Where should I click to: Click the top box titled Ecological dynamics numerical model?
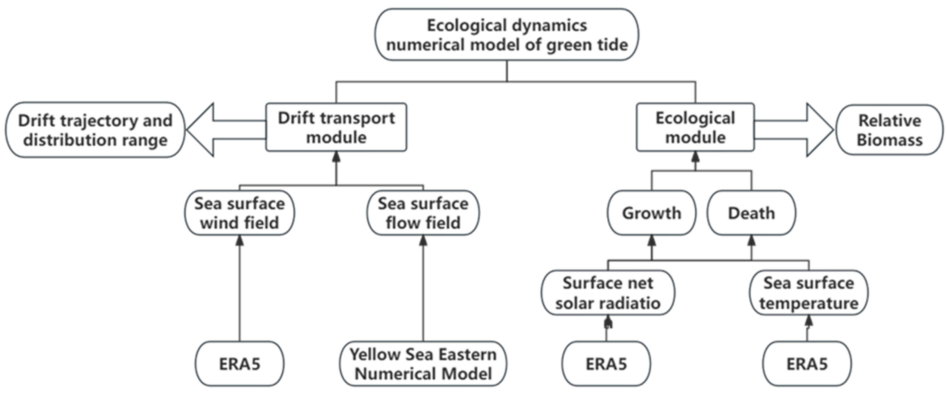(x=507, y=35)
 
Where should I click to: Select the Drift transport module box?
(x=336, y=127)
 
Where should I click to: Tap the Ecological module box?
(x=695, y=127)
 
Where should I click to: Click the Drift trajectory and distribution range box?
(x=95, y=130)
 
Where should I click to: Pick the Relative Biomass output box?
(x=890, y=130)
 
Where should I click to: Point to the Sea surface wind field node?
(x=239, y=213)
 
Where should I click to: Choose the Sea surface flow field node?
(x=423, y=213)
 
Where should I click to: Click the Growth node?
(x=652, y=213)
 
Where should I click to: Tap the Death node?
(x=751, y=213)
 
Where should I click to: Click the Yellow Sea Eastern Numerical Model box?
(x=423, y=364)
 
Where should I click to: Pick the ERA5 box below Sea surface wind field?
(x=239, y=364)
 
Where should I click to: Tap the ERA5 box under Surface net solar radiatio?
(x=606, y=364)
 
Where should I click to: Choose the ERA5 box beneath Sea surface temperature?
(x=807, y=364)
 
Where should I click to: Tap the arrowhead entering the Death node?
(x=751, y=241)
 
